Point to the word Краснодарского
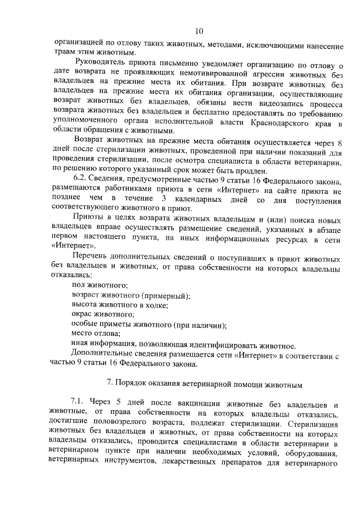coord(283,120)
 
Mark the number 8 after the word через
coord(340,143)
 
